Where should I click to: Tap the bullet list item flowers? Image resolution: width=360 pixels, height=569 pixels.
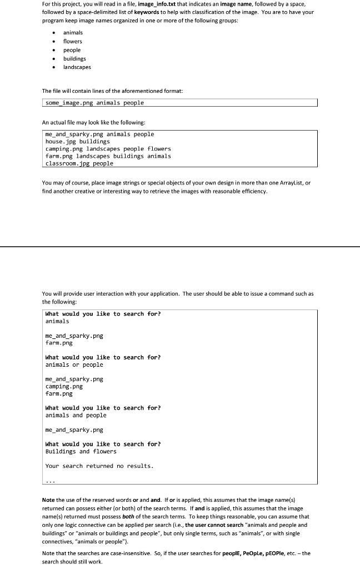(72, 41)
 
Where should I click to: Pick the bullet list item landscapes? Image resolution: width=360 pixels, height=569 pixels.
(77, 67)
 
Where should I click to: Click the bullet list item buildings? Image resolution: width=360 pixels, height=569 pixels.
(74, 58)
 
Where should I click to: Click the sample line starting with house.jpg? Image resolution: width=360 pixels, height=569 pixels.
(77, 142)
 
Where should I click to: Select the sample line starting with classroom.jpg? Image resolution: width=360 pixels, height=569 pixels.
(79, 163)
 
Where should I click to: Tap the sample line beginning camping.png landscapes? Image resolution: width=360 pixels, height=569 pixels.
(108, 149)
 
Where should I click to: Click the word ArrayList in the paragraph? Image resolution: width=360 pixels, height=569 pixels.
(290, 183)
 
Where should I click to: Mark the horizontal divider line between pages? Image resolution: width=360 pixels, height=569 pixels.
(180, 246)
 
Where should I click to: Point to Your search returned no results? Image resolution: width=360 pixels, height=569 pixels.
(99, 466)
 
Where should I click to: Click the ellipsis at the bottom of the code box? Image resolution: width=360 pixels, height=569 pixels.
(51, 481)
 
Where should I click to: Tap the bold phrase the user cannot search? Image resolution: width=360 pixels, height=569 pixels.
(215, 525)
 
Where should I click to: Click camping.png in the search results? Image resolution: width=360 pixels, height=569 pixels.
(64, 386)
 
